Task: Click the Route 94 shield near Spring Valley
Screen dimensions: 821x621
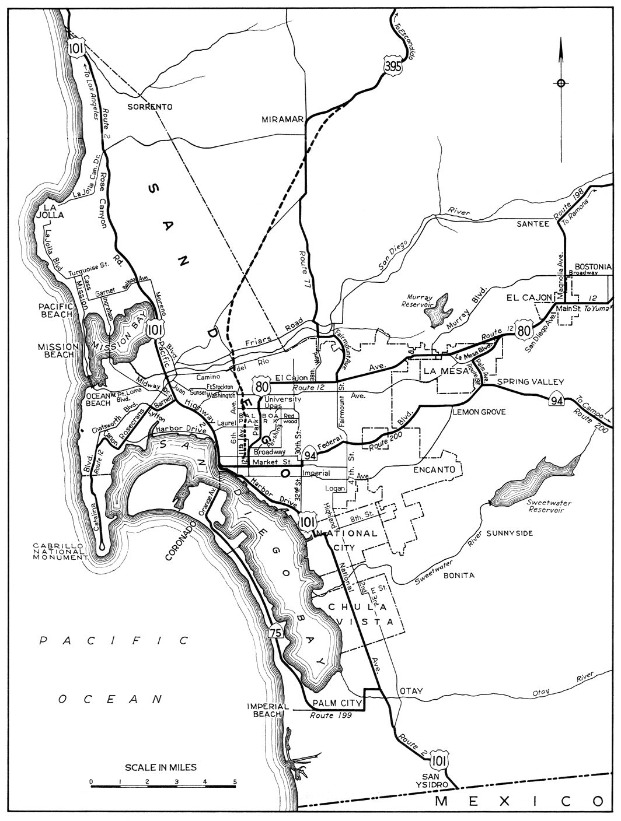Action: point(556,399)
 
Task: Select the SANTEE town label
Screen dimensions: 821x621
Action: point(533,224)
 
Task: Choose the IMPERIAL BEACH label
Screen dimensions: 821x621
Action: point(268,710)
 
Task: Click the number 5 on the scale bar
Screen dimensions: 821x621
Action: point(235,781)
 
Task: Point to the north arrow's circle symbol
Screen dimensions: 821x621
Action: point(561,83)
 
